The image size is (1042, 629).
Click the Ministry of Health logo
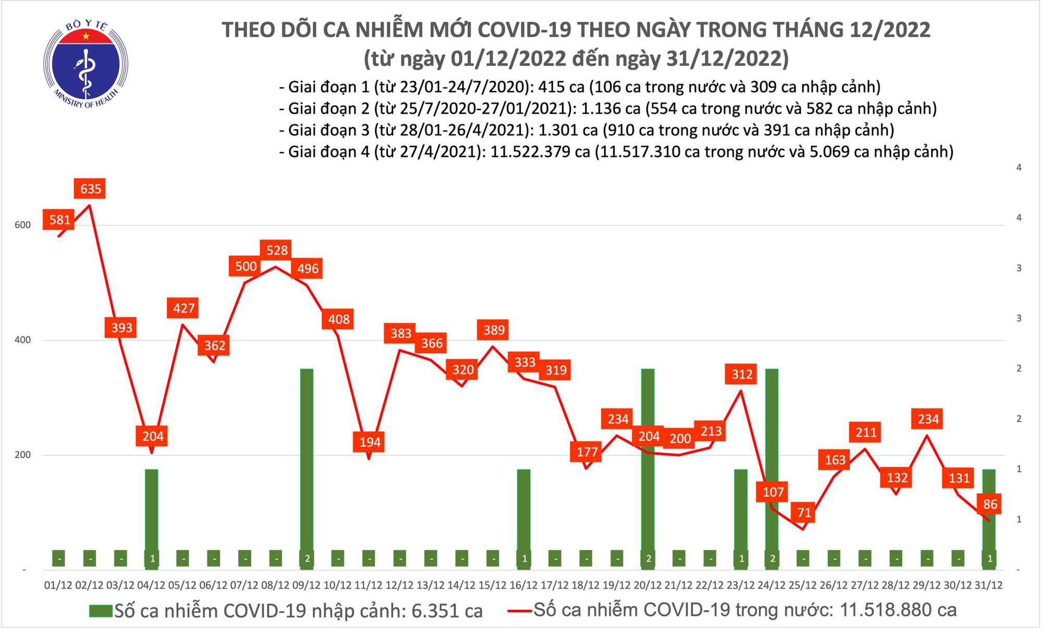point(85,64)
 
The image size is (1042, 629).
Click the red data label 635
point(90,189)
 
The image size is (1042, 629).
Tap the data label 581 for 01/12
point(59,219)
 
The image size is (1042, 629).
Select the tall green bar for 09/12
point(307,459)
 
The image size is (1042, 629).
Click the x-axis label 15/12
point(492,585)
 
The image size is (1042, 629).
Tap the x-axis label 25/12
point(802,585)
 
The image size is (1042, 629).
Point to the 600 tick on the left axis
point(23,225)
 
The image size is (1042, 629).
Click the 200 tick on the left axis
point(23,455)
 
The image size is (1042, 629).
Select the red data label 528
point(277,250)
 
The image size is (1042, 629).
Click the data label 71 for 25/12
point(804,513)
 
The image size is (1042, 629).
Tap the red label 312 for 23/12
point(742,374)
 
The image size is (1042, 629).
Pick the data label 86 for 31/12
point(990,504)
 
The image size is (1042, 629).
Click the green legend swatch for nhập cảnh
point(101,611)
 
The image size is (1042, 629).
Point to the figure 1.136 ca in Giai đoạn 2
point(610,108)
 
